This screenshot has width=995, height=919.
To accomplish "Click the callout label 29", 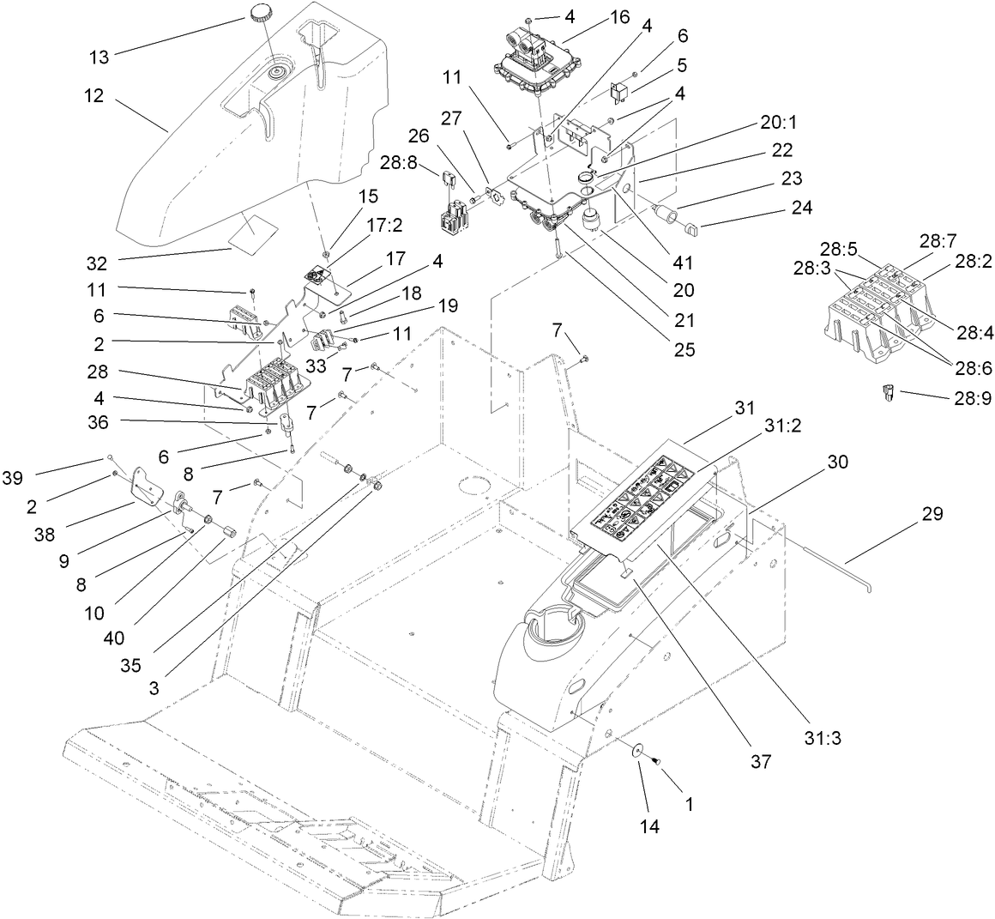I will (x=932, y=514).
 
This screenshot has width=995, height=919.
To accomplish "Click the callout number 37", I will (x=761, y=760).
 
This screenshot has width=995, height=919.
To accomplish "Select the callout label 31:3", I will (x=823, y=712).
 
